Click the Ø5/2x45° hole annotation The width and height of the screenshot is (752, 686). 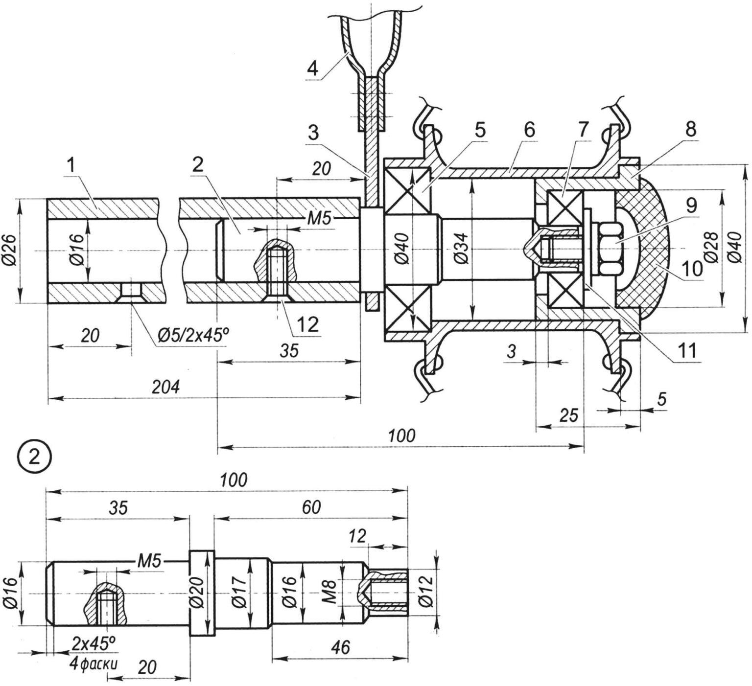(192, 334)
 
